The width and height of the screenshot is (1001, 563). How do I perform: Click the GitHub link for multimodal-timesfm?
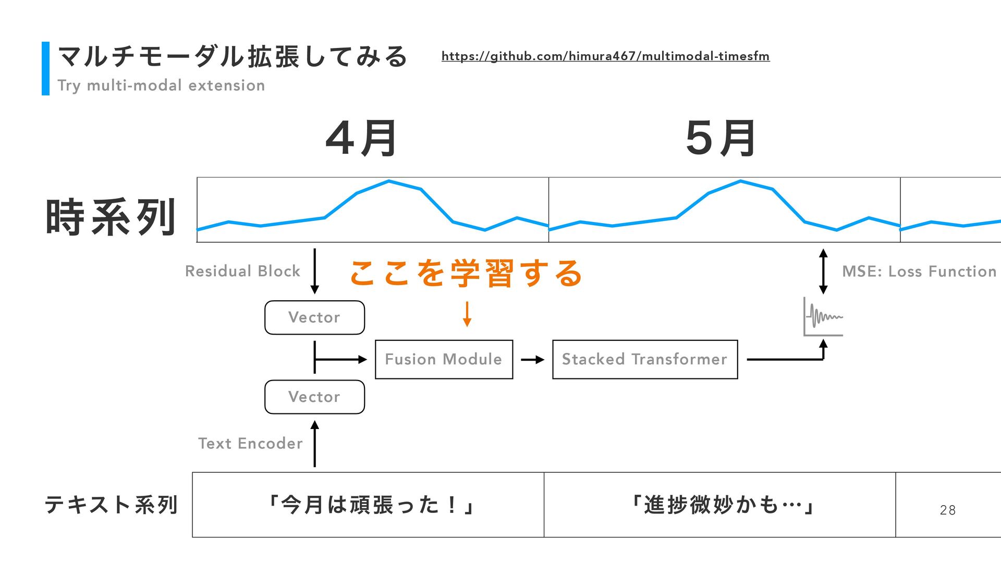[605, 56]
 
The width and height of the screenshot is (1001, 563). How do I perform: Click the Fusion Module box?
[444, 359]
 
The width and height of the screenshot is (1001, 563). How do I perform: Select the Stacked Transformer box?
[645, 359]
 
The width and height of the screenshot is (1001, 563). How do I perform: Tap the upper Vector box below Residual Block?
[314, 317]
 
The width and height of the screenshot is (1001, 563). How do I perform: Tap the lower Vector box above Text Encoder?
[314, 397]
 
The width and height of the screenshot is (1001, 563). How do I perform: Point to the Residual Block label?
[242, 271]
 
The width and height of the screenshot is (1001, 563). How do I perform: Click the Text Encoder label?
[250, 443]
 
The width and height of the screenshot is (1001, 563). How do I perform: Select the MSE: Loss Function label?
[919, 271]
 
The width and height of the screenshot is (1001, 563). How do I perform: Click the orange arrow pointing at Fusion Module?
[467, 314]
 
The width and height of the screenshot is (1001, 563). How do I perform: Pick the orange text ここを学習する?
[466, 273]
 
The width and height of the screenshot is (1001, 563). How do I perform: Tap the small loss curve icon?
[823, 317]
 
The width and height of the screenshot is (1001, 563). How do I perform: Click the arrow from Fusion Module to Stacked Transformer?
[532, 360]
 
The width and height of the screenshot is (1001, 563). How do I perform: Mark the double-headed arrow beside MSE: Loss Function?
[823, 271]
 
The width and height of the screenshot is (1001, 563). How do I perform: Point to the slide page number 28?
[947, 510]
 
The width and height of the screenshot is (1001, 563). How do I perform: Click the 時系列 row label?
[111, 217]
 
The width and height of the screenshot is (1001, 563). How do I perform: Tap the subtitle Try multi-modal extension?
[161, 85]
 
